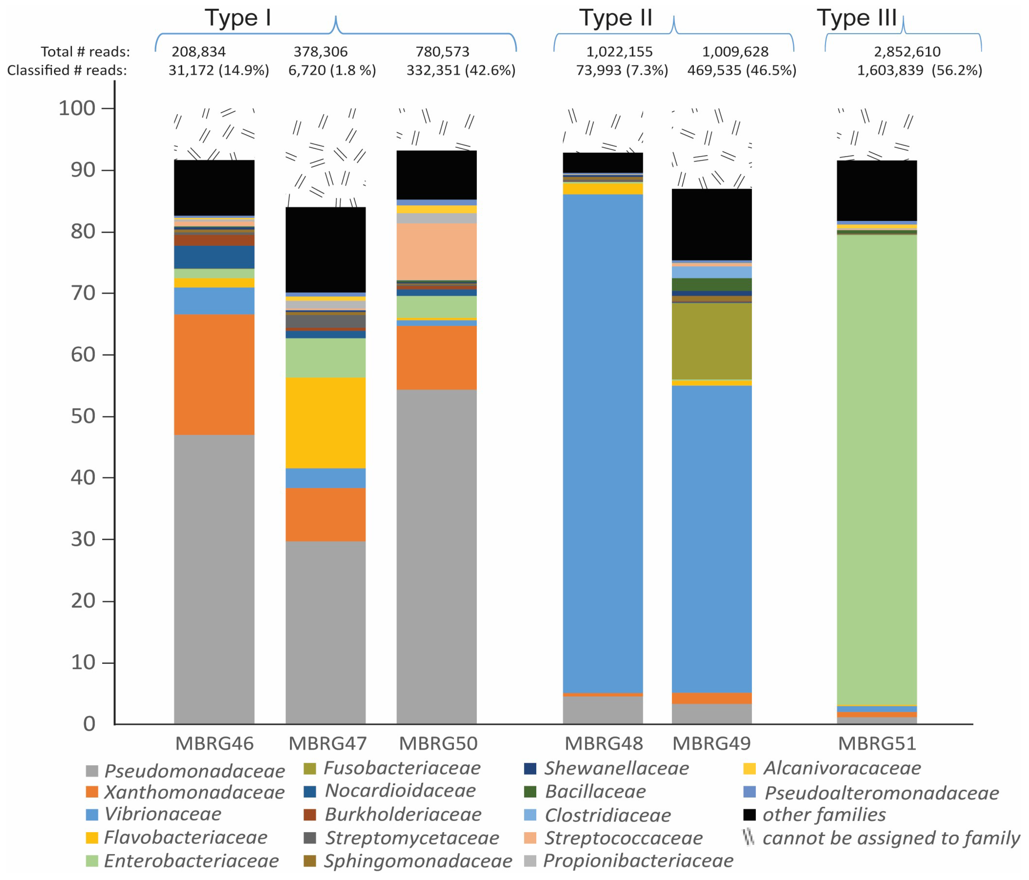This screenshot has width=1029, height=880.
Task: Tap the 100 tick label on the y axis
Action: [x=77, y=108]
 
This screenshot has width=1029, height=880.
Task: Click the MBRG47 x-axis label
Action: [x=328, y=744]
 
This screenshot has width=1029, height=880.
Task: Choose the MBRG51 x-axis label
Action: [x=877, y=744]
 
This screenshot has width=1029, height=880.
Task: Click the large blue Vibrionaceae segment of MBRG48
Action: [x=603, y=442]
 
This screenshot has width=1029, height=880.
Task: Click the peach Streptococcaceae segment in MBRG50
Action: [x=436, y=251]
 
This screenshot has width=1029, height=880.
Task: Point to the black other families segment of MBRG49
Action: [x=712, y=224]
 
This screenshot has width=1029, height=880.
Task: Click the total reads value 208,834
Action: [x=199, y=52]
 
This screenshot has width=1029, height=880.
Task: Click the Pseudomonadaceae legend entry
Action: [x=185, y=771]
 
